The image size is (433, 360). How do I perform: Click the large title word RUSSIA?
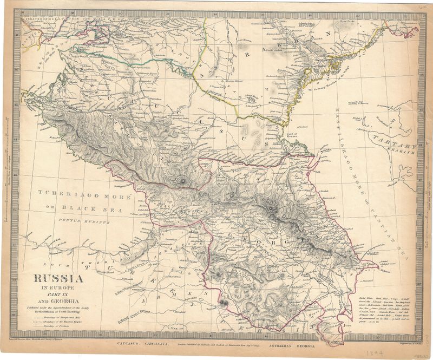(60, 280)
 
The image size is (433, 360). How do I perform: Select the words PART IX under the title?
(60, 294)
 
